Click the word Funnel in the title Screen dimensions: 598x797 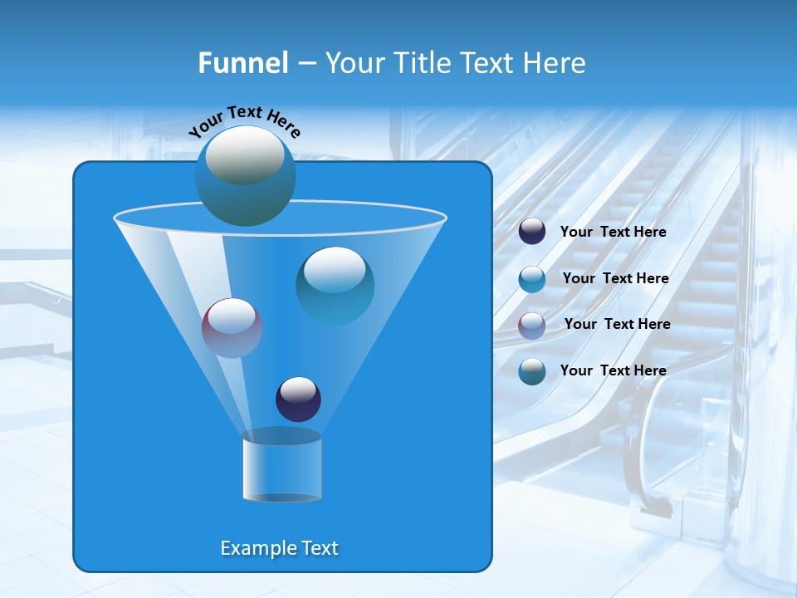click(x=242, y=63)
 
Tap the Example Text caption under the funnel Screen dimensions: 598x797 click(x=279, y=548)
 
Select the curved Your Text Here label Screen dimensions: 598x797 click(x=245, y=121)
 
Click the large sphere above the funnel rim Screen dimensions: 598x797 click(x=246, y=175)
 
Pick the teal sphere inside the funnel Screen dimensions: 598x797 click(x=335, y=285)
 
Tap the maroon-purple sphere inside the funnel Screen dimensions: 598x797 click(x=232, y=327)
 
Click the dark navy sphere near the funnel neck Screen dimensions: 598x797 click(x=298, y=399)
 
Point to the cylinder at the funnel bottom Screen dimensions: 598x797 click(x=281, y=469)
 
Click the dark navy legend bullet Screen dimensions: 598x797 click(x=532, y=232)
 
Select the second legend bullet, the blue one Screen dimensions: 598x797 click(x=532, y=279)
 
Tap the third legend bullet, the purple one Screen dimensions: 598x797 click(x=532, y=325)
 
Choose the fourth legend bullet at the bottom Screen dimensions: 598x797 click(x=532, y=371)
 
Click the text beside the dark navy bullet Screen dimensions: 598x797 click(x=613, y=233)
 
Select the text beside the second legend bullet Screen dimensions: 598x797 click(x=615, y=279)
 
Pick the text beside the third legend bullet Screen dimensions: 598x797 click(x=617, y=325)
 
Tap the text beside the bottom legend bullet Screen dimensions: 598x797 click(x=613, y=370)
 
